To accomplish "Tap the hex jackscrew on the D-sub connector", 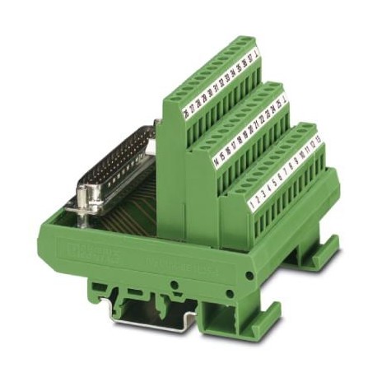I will point(89,201).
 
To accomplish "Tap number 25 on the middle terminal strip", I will point(277,106).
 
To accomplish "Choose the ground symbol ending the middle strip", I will point(284,101).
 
